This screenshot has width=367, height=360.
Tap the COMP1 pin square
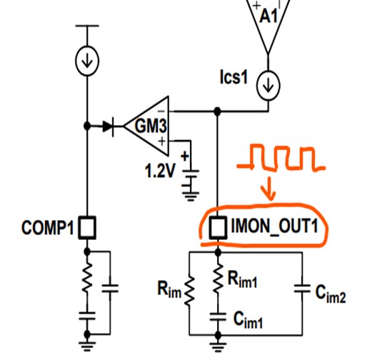point(87,227)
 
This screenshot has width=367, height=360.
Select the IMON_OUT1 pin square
point(218,227)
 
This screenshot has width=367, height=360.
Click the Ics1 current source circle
point(268,86)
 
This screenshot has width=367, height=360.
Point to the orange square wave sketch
point(281,158)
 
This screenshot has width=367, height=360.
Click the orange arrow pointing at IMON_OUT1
point(269,188)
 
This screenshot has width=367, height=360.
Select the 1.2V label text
point(160,171)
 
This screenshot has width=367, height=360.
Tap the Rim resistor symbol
point(189,291)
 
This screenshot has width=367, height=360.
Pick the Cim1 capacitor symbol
point(218,317)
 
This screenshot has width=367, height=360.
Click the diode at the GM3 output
point(109,126)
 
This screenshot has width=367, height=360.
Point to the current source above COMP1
point(87,61)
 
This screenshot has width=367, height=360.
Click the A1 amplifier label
point(268,16)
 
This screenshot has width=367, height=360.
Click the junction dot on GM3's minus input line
point(217,111)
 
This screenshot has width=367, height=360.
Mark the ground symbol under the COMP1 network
point(87,346)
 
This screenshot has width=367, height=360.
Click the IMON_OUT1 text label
point(274,227)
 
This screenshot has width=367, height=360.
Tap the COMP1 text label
point(48,227)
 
